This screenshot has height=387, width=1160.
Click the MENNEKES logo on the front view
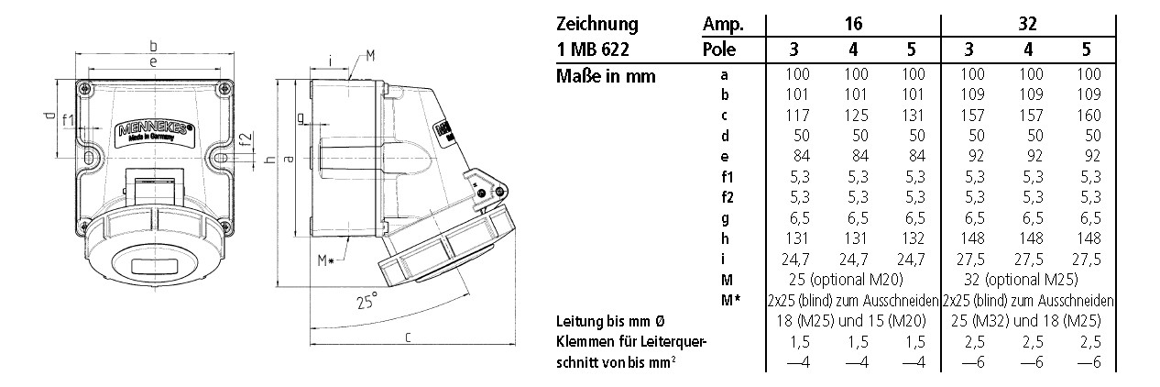pyautogui.click(x=153, y=132)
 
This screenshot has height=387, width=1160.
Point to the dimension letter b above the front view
pyautogui.click(x=153, y=44)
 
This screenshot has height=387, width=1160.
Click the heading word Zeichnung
pyautogui.click(x=596, y=24)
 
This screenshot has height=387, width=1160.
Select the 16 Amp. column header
pyautogui.click(x=855, y=24)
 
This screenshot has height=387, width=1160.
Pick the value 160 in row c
pyautogui.click(x=1089, y=116)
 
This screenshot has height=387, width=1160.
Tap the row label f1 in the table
pyautogui.click(x=725, y=175)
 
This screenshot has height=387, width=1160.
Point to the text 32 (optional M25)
pyautogui.click(x=1029, y=277)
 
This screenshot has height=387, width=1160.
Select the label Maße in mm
pyautogui.click(x=606, y=76)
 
